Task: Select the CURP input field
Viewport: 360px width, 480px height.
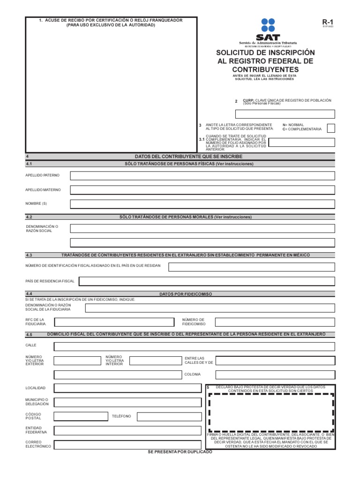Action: click(x=285, y=114)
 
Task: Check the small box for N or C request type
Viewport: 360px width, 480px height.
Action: click(x=331, y=128)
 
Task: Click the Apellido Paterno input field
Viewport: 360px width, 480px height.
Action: click(x=202, y=176)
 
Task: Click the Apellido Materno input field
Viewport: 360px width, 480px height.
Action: click(x=202, y=190)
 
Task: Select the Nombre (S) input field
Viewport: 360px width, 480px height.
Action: click(x=202, y=204)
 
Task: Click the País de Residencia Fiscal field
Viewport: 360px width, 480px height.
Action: click(x=207, y=281)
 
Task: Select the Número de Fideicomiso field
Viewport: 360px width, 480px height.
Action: click(x=275, y=322)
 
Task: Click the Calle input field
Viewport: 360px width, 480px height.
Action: click(x=195, y=346)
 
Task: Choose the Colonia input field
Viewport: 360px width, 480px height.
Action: click(x=275, y=375)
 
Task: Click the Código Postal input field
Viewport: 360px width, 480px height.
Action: click(x=80, y=416)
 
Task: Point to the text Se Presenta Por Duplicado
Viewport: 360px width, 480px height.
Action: click(x=180, y=451)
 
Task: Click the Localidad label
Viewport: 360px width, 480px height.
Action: click(x=35, y=389)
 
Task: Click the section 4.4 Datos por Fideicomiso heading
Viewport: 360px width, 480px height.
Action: click(x=186, y=294)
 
